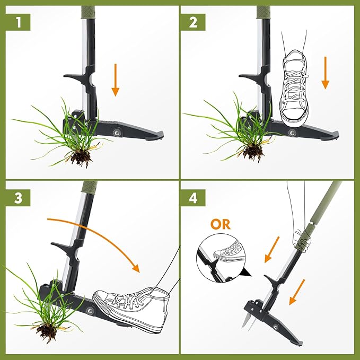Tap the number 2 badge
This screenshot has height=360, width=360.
[192, 22]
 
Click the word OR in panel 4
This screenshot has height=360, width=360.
[220, 224]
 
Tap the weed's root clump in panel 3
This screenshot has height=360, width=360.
[48, 331]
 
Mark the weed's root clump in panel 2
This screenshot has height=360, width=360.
[253, 151]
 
